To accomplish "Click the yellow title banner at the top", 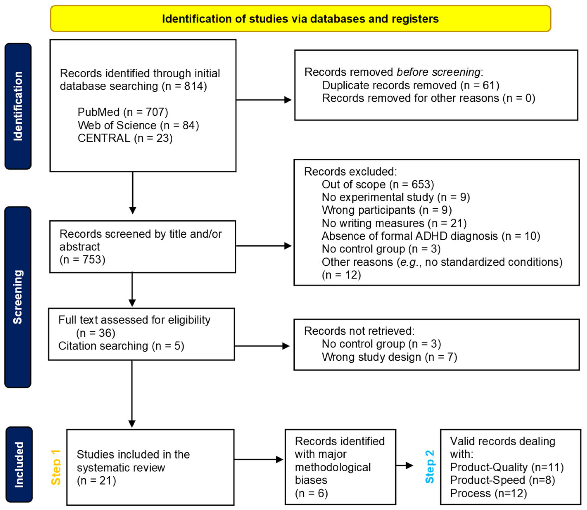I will [300, 19].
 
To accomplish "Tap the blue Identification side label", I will [18, 106].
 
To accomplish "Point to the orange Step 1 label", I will [56, 467].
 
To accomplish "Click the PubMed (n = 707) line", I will [123, 112].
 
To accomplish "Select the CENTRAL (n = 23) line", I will [125, 138].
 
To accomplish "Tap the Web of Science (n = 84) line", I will [138, 125].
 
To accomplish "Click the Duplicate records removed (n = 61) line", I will [410, 85].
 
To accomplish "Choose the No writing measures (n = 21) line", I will [394, 223].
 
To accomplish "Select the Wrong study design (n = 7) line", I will [389, 357].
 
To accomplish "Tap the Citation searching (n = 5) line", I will [121, 346].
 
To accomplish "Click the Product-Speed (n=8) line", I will [503, 480].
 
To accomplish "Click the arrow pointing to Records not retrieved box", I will [262, 346].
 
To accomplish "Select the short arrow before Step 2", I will [404, 466].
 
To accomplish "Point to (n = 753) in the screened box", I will [82, 260].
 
